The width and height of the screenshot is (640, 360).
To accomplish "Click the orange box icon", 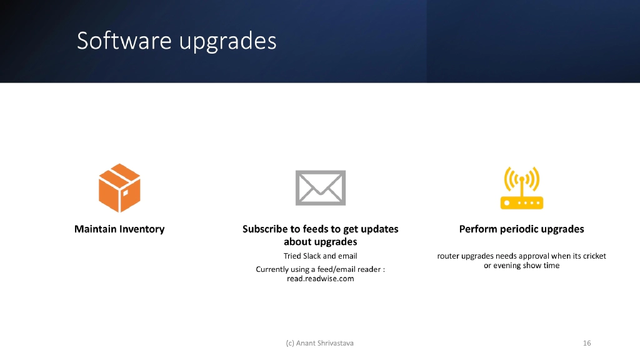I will tap(119, 188).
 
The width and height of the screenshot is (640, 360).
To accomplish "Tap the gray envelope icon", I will tap(320, 187).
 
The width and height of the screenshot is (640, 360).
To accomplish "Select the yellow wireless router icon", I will tap(521, 188).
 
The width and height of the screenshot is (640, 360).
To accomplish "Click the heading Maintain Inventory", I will tap(119, 229).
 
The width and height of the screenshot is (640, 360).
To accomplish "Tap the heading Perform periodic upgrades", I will tap(521, 229).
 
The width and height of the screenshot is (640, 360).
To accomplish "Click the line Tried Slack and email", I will tap(320, 256).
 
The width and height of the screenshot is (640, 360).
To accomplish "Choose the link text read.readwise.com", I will tap(320, 279).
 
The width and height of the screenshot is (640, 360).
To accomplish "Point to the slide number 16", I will tap(586, 343).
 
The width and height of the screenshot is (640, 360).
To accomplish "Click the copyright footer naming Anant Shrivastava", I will tap(319, 343).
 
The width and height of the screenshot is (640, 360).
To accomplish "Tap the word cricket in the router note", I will tap(593, 256).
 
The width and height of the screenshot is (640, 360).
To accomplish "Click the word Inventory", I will tap(141, 229).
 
